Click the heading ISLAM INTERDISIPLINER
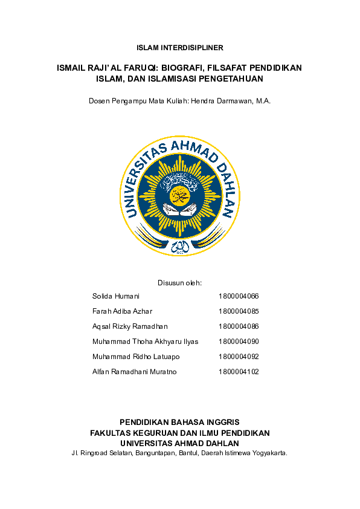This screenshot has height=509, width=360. [x=180, y=47]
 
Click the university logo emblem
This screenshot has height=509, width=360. [x=180, y=195]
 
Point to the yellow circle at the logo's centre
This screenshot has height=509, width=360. [x=180, y=194]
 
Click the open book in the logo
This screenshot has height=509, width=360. [x=180, y=210]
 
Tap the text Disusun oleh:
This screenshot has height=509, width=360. [x=179, y=282]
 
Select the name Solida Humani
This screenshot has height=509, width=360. [x=116, y=296]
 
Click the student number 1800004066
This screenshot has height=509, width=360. [x=239, y=296]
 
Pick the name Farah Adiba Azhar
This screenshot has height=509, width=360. [x=122, y=311]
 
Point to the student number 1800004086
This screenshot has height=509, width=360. [x=239, y=326]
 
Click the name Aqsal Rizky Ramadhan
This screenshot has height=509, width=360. [x=130, y=326]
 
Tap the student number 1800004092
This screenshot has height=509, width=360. [x=239, y=357]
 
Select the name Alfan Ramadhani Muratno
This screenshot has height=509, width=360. [x=134, y=372]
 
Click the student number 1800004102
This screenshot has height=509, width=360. [x=239, y=372]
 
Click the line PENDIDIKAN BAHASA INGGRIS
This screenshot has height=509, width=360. [x=180, y=422]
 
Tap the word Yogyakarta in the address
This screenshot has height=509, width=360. [x=268, y=452]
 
